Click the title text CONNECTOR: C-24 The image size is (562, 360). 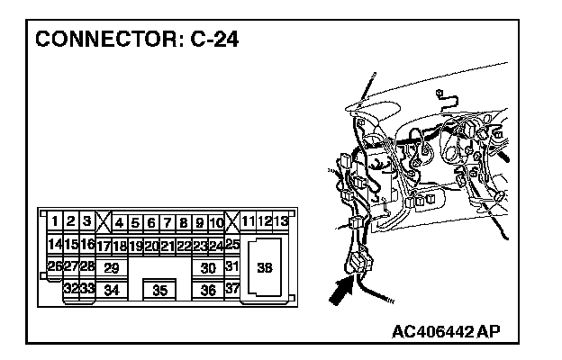(x=136, y=40)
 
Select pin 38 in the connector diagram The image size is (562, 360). (x=265, y=266)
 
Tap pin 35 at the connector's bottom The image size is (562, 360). (x=159, y=290)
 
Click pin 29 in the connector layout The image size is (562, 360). (x=112, y=267)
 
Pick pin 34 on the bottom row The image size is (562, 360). (x=112, y=290)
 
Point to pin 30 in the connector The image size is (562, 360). (x=208, y=267)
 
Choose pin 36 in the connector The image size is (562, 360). (x=208, y=290)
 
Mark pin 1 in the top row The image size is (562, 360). (x=55, y=221)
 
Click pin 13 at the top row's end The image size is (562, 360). (x=281, y=221)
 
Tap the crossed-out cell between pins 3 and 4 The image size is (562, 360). (x=103, y=221)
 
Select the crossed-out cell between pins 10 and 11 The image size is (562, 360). (x=231, y=221)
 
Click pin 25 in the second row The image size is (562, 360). (x=231, y=244)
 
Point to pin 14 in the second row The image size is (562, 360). (x=54, y=244)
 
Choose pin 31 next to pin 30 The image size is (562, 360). (x=231, y=266)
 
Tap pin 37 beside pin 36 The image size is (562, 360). (x=231, y=289)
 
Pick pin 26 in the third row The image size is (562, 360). (x=54, y=266)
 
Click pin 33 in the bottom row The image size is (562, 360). (x=87, y=290)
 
